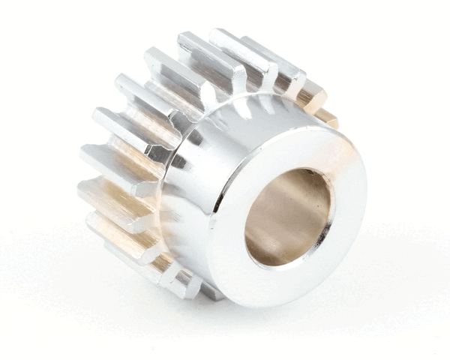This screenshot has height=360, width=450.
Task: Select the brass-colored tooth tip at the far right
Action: pyautogui.click(x=327, y=118)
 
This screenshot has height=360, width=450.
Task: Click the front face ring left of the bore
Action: pyautogui.click(x=229, y=225)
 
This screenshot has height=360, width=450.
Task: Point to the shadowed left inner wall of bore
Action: pyautogui.click(x=259, y=217)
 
